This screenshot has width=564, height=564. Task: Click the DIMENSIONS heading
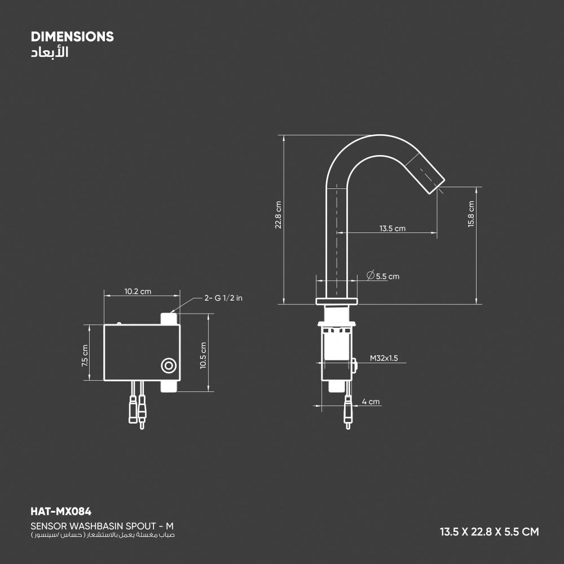pyautogui.click(x=72, y=37)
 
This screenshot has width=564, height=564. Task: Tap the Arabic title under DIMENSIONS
pyautogui.click(x=50, y=52)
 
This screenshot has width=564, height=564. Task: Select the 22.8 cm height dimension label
pyautogui.click(x=278, y=215)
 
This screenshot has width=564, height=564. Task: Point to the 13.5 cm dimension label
pyautogui.click(x=392, y=228)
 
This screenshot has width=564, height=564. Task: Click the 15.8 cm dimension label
pyautogui.click(x=471, y=214)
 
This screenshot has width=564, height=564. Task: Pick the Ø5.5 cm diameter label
pyautogui.click(x=383, y=276)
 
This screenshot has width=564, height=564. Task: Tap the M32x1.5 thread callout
pyautogui.click(x=384, y=358)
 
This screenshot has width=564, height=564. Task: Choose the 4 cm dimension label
pyautogui.click(x=371, y=402)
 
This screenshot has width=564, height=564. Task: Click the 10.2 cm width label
pyautogui.click(x=138, y=292)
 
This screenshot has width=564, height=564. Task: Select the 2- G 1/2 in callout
pyautogui.click(x=223, y=298)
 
